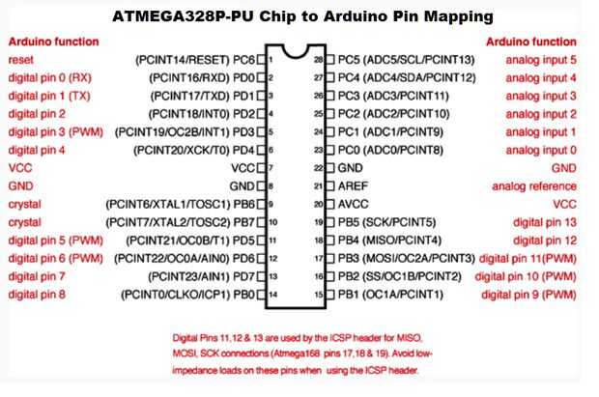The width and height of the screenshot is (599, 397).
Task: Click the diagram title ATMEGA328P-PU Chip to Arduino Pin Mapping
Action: [x=302, y=16]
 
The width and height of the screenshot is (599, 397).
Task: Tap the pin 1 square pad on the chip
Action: [x=261, y=60]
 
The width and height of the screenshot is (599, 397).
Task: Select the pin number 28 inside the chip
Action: [x=319, y=60]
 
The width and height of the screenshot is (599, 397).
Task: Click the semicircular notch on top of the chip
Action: [x=296, y=52]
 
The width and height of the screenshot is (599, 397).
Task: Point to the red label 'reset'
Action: [x=21, y=60]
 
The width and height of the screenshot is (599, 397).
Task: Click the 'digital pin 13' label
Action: [x=545, y=222]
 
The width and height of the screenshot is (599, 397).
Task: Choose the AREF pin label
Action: [x=353, y=186]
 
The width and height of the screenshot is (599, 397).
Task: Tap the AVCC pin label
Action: [x=354, y=204]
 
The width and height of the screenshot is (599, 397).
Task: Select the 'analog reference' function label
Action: [x=534, y=186]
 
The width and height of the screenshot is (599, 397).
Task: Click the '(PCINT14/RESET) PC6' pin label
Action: [x=195, y=60]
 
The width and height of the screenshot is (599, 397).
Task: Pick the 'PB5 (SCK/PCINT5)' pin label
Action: [x=387, y=222]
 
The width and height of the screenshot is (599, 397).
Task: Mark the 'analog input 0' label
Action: [x=541, y=150]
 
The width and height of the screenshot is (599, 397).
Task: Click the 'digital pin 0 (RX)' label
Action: [x=49, y=78]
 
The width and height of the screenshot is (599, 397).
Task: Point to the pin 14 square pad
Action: [x=261, y=295]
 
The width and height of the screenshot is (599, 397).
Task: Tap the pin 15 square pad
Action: [x=329, y=295]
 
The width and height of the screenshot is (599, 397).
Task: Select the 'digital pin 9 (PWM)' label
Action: [x=528, y=295]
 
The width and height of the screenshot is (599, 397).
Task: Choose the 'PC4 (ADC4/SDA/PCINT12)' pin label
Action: [x=407, y=78]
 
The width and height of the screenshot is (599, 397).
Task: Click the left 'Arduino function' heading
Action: [x=54, y=42]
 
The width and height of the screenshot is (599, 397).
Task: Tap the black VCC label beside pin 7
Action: [x=242, y=168]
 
